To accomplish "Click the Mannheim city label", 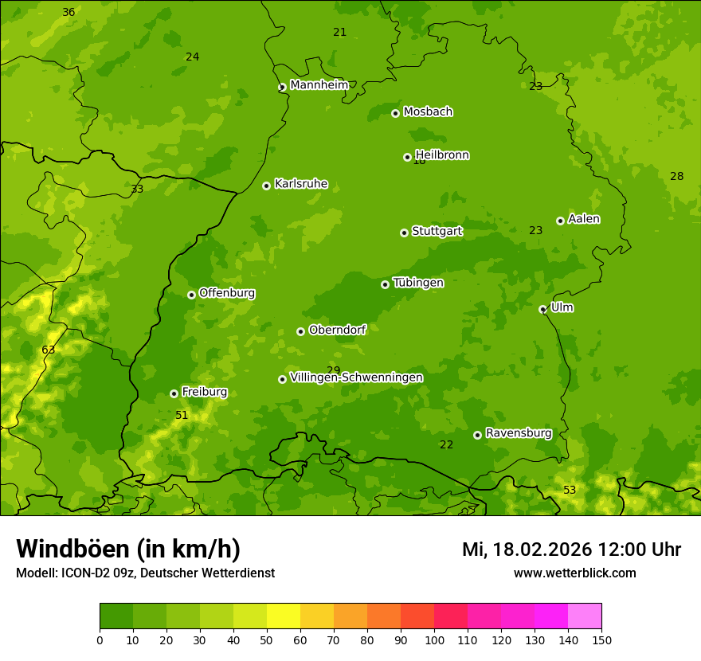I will pos(319,85).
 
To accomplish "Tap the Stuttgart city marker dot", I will pos(404,233).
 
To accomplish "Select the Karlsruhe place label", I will pos(301,184).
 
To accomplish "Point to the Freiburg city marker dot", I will pos(174,393).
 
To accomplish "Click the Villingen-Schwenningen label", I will pos(356,377).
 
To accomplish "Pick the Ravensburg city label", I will pos(519,433).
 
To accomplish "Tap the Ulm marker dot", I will pos(542,309).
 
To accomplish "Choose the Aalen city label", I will pos(584,219).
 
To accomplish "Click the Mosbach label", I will pos(428,112).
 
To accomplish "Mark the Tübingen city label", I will pos(418,283).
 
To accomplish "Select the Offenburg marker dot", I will pos(191,295).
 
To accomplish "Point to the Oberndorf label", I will pos(337,330).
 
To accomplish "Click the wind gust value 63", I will pos(49,350).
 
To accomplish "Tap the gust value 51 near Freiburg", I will pos(182,416).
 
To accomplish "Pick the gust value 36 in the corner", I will pos(69,12).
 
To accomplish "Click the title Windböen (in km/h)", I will pos(128,549).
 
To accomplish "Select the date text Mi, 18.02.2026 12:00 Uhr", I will pos(571,550).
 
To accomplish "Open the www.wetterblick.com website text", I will pos(574,573).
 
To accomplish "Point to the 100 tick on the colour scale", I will pos(434,639).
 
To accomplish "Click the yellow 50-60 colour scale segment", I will pos(284,616).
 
